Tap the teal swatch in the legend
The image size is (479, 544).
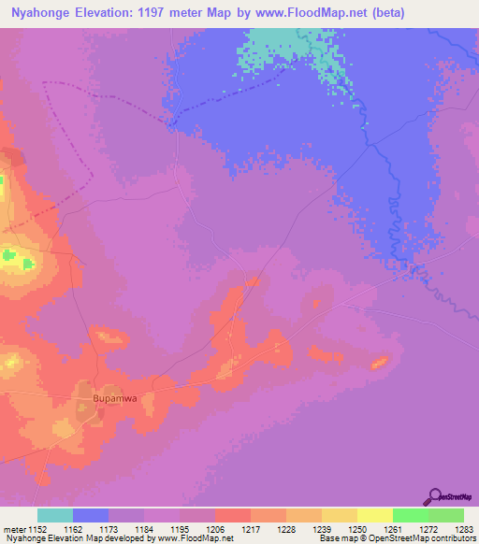tap(55, 515)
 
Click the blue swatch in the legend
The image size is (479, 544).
tap(91, 515)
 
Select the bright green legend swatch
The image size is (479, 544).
tap(410, 515)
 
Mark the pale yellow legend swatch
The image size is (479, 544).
tap(374, 515)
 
